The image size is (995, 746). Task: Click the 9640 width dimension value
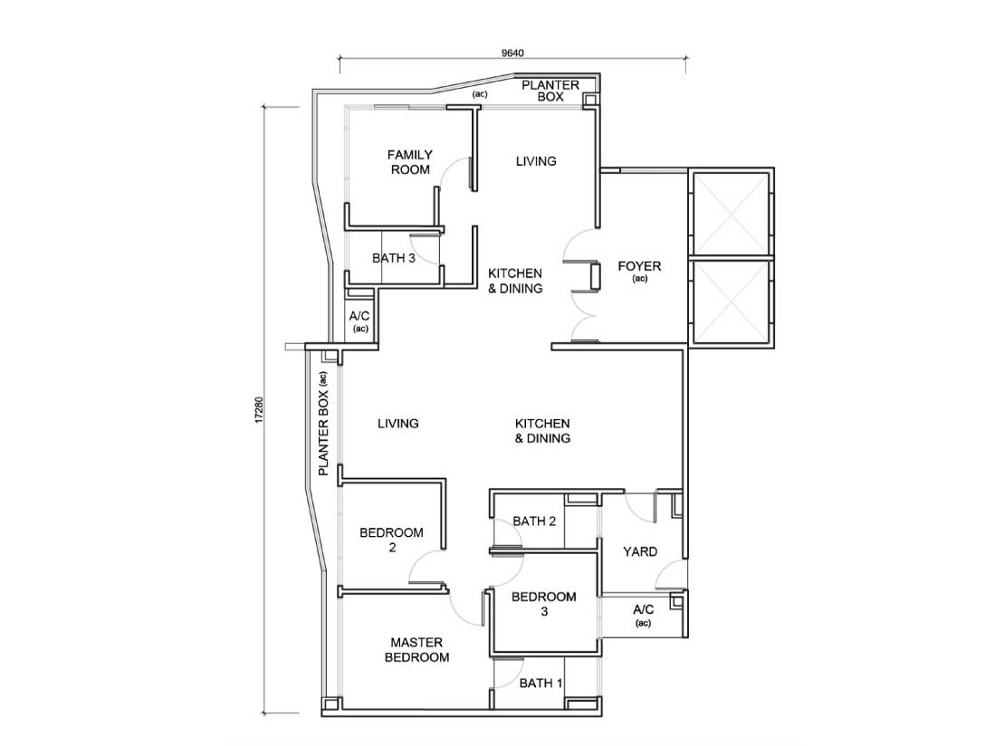(512, 53)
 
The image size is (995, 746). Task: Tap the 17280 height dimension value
(258, 410)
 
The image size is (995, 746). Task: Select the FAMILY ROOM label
(410, 162)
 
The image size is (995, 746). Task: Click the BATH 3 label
(394, 258)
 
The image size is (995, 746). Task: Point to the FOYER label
(639, 266)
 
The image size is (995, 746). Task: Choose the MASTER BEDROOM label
(416, 650)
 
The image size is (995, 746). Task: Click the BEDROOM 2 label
(391, 540)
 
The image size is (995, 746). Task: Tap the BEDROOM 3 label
(544, 604)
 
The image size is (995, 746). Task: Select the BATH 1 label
(541, 684)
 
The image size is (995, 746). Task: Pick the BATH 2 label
(534, 521)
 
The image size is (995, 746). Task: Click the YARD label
(639, 552)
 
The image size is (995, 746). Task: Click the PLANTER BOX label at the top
(550, 91)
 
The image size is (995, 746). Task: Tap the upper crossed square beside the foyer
(732, 213)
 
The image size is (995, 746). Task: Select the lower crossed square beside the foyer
(732, 302)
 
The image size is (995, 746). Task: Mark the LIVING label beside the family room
(536, 161)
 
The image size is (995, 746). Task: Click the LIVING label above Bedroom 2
(397, 423)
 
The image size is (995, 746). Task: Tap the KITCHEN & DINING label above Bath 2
(542, 431)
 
